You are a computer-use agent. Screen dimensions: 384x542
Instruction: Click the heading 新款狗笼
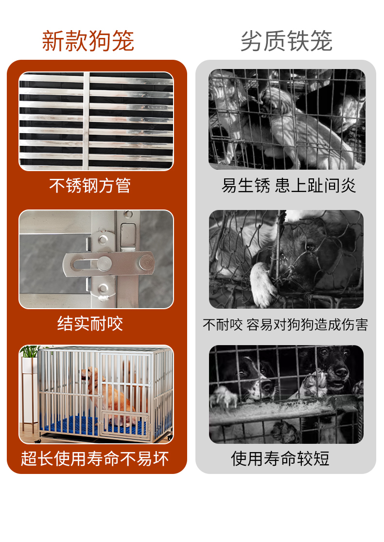pyautogui.click(x=88, y=41)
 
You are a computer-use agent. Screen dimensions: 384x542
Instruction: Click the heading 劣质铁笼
pyautogui.click(x=286, y=41)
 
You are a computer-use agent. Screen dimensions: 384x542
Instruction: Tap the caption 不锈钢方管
pyautogui.click(x=90, y=185)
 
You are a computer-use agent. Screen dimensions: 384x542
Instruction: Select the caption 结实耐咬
pyautogui.click(x=90, y=324)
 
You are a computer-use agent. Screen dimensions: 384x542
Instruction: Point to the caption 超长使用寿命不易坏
pyautogui.click(x=95, y=459)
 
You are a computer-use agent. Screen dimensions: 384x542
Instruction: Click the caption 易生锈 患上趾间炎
pyautogui.click(x=289, y=186)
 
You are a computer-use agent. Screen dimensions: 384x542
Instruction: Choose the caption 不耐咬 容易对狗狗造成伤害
pyautogui.click(x=285, y=325)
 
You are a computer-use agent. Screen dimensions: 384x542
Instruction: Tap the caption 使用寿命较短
pyautogui.click(x=280, y=459)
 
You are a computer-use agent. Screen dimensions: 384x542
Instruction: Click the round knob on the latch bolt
pyautogui.click(x=104, y=264)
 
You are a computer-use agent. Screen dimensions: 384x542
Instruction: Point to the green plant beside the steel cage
pyautogui.click(x=31, y=351)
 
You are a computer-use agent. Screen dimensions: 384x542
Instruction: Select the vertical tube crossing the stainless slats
pyautogui.click(x=86, y=121)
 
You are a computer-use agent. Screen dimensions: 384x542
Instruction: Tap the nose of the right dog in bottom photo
pyautogui.click(x=342, y=372)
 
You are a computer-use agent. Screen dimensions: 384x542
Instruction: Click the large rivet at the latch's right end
pyautogui.click(x=147, y=262)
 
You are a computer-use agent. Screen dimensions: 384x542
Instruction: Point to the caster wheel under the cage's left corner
pyautogui.click(x=38, y=441)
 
